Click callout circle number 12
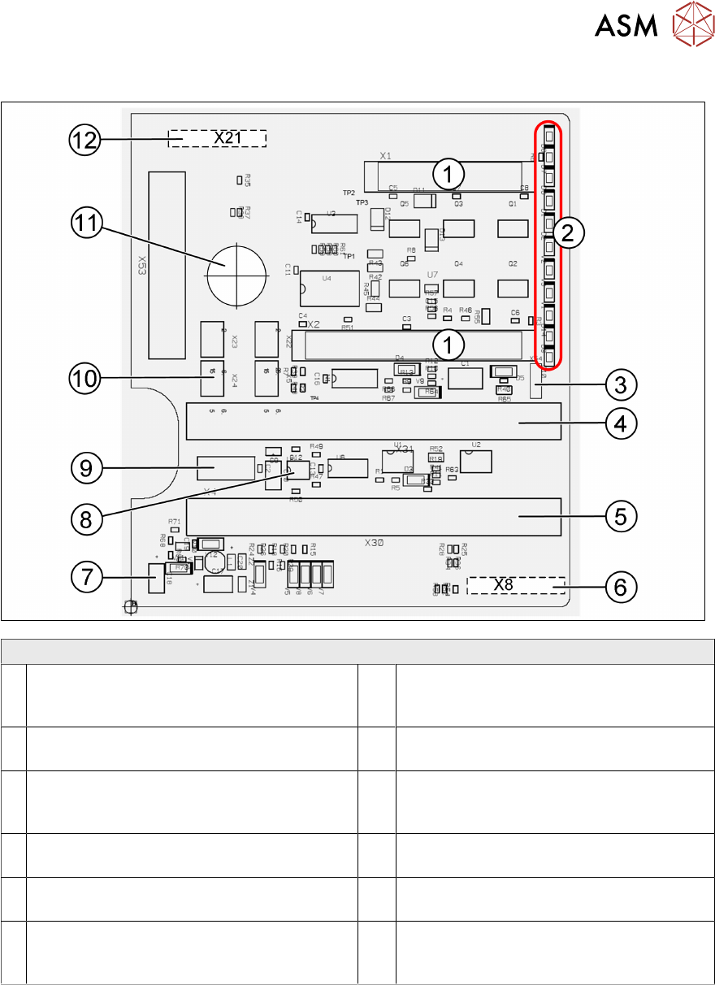click(84, 140)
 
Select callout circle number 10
click(84, 377)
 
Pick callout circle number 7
click(84, 576)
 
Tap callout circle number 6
click(620, 587)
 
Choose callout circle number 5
click(620, 515)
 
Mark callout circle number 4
click(620, 423)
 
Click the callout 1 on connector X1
click(448, 172)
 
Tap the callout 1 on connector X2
click(448, 345)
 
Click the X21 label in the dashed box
click(228, 138)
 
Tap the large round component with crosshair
click(236, 272)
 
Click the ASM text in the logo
click(626, 27)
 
